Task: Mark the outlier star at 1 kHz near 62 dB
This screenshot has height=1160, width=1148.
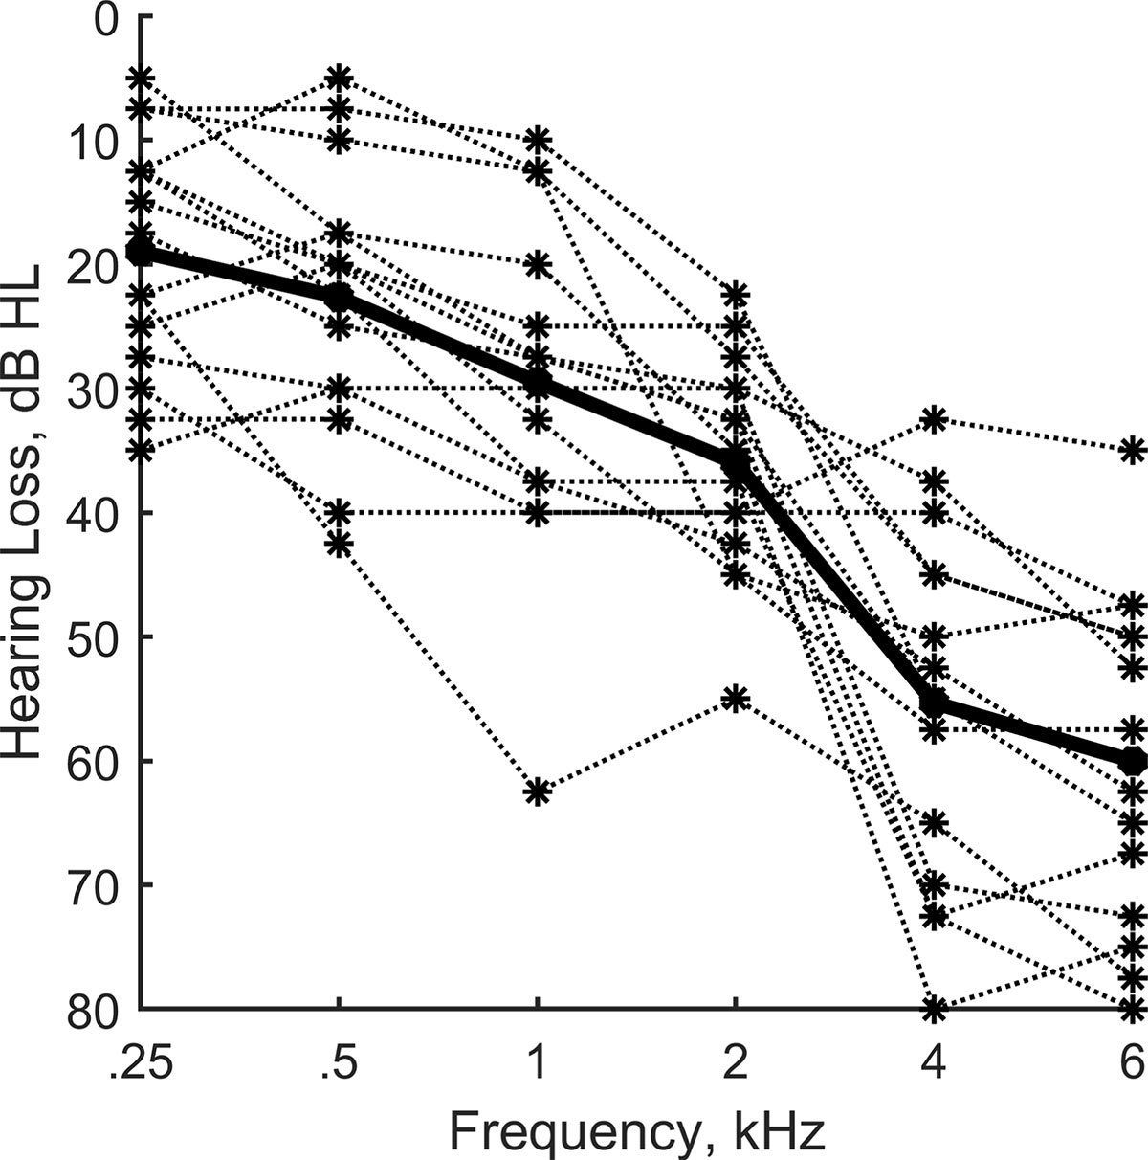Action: tap(538, 792)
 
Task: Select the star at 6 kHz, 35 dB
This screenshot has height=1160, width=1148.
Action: tap(1133, 450)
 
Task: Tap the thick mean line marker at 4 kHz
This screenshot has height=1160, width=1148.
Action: tap(934, 704)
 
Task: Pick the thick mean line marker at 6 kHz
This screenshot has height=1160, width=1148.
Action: tap(1133, 761)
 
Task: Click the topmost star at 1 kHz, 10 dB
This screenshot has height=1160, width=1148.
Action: tap(538, 140)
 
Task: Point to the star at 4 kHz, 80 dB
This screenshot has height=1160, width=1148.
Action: tap(934, 1008)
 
